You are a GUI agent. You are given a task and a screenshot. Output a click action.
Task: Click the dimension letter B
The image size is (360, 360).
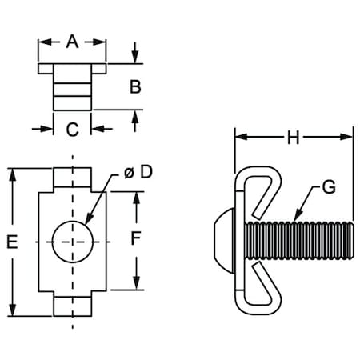click(136, 86)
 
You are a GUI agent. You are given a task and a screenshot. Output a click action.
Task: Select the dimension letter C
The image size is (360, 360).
click(72, 128)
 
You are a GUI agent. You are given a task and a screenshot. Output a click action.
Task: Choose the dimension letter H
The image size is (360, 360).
click(293, 138)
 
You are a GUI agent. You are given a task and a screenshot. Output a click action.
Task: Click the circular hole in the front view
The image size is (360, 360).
click(72, 240)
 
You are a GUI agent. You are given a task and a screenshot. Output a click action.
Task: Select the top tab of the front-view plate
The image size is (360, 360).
click(72, 177)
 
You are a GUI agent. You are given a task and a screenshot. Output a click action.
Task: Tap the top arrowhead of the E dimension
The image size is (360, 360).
click(13, 174)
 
